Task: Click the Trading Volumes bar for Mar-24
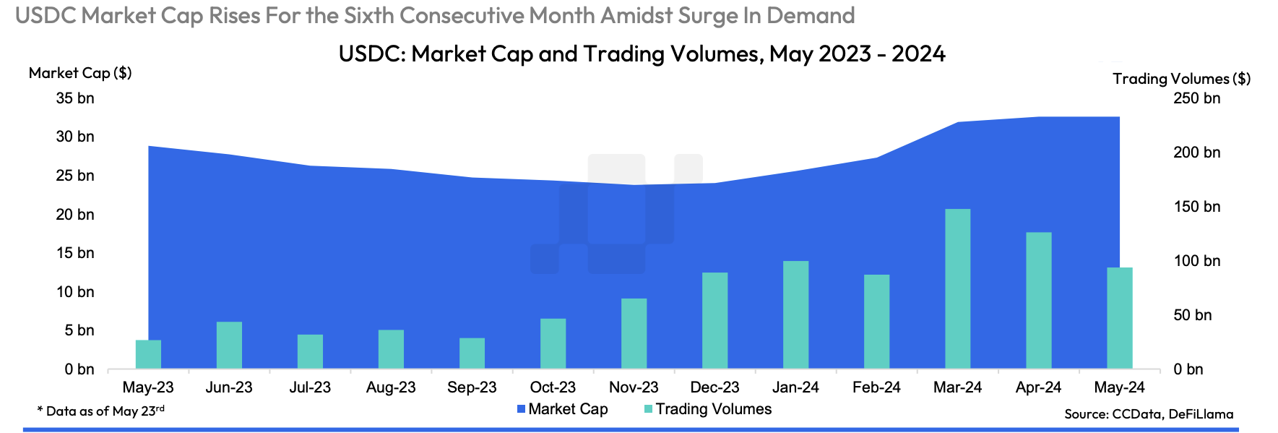[x=957, y=289]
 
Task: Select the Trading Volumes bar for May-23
[x=148, y=354]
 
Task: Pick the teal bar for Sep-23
[x=472, y=353]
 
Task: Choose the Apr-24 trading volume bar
[x=1038, y=300]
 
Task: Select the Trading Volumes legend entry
[x=707, y=409]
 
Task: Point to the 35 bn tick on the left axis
[x=75, y=98]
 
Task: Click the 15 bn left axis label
[x=75, y=253]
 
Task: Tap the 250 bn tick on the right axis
[x=1196, y=98]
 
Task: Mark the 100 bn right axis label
[x=1196, y=261]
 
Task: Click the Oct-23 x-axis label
[x=553, y=387]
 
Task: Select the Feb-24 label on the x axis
[x=876, y=387]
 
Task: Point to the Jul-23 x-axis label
[x=310, y=387]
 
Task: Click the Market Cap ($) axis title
[x=80, y=73]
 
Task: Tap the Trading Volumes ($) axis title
[x=1181, y=79]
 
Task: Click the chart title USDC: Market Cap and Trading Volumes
[x=642, y=54]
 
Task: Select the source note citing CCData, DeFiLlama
[x=1149, y=414]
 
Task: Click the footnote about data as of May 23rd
[x=101, y=411]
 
